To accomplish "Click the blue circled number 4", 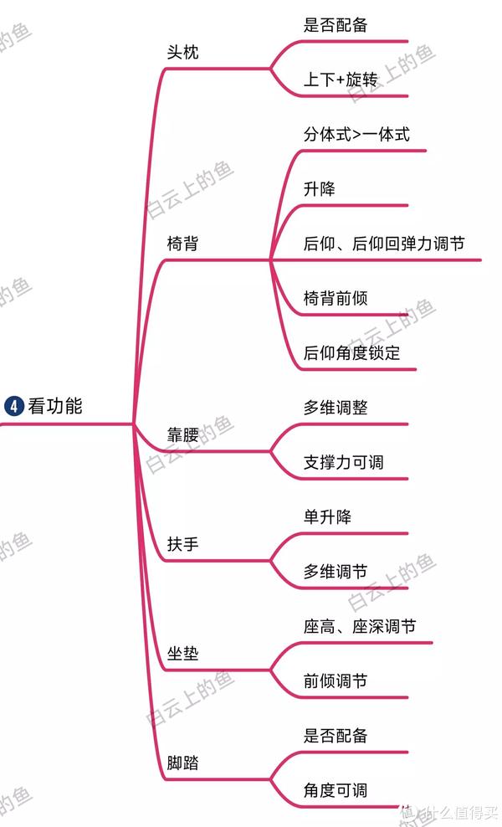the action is coord(14,406).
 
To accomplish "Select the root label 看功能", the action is coord(55,406).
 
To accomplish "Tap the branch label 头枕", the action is coord(182,52).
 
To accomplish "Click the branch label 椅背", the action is coord(182,244).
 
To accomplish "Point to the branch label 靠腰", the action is coord(182,434).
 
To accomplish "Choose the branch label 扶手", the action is coord(182,544).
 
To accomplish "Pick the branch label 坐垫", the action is coord(182,654).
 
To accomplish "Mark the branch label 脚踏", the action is coord(182,763).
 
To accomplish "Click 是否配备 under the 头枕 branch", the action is coord(336,25).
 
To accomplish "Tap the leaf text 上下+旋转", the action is coord(341,80).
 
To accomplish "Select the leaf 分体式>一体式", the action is coord(356,135).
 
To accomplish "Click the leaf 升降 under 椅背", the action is coord(319,189).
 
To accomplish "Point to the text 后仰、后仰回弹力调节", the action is coord(384,244).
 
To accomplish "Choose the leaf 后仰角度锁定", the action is coord(351,353).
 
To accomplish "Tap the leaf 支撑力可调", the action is coord(343,463).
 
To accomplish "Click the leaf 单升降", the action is coord(327,517).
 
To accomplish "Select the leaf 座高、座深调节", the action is coord(360,627).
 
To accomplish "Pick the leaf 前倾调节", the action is coord(336,681).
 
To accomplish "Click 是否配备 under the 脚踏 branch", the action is coord(336,736).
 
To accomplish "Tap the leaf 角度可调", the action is coord(336,790).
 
